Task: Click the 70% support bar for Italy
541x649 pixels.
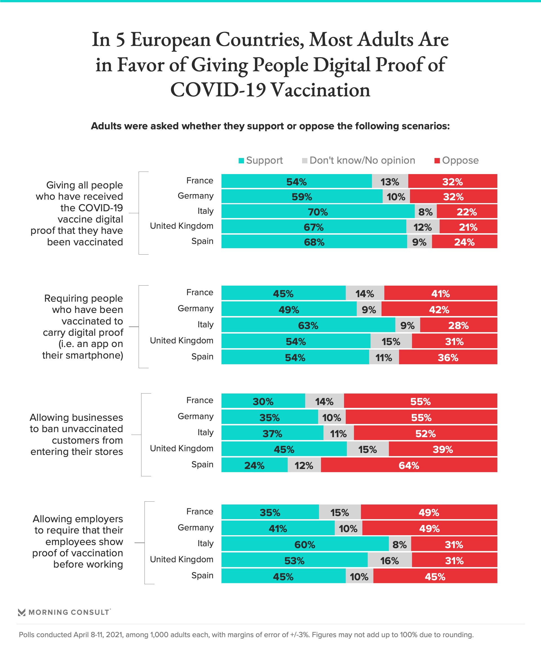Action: (318, 212)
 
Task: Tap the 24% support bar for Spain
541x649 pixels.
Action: (254, 465)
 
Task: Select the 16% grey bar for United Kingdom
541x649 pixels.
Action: (389, 560)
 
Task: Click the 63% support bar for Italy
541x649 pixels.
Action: (308, 325)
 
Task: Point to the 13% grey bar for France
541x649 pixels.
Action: (390, 181)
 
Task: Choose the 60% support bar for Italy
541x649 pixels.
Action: (305, 544)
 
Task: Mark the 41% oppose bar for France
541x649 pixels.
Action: (440, 293)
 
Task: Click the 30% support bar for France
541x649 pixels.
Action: (263, 401)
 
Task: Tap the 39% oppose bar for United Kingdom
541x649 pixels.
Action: (443, 449)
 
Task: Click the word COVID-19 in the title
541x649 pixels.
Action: (218, 90)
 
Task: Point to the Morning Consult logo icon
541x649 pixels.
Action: (22, 612)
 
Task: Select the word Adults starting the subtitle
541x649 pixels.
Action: (104, 126)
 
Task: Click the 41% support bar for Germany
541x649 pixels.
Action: (278, 528)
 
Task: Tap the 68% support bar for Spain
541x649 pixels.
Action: (314, 242)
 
